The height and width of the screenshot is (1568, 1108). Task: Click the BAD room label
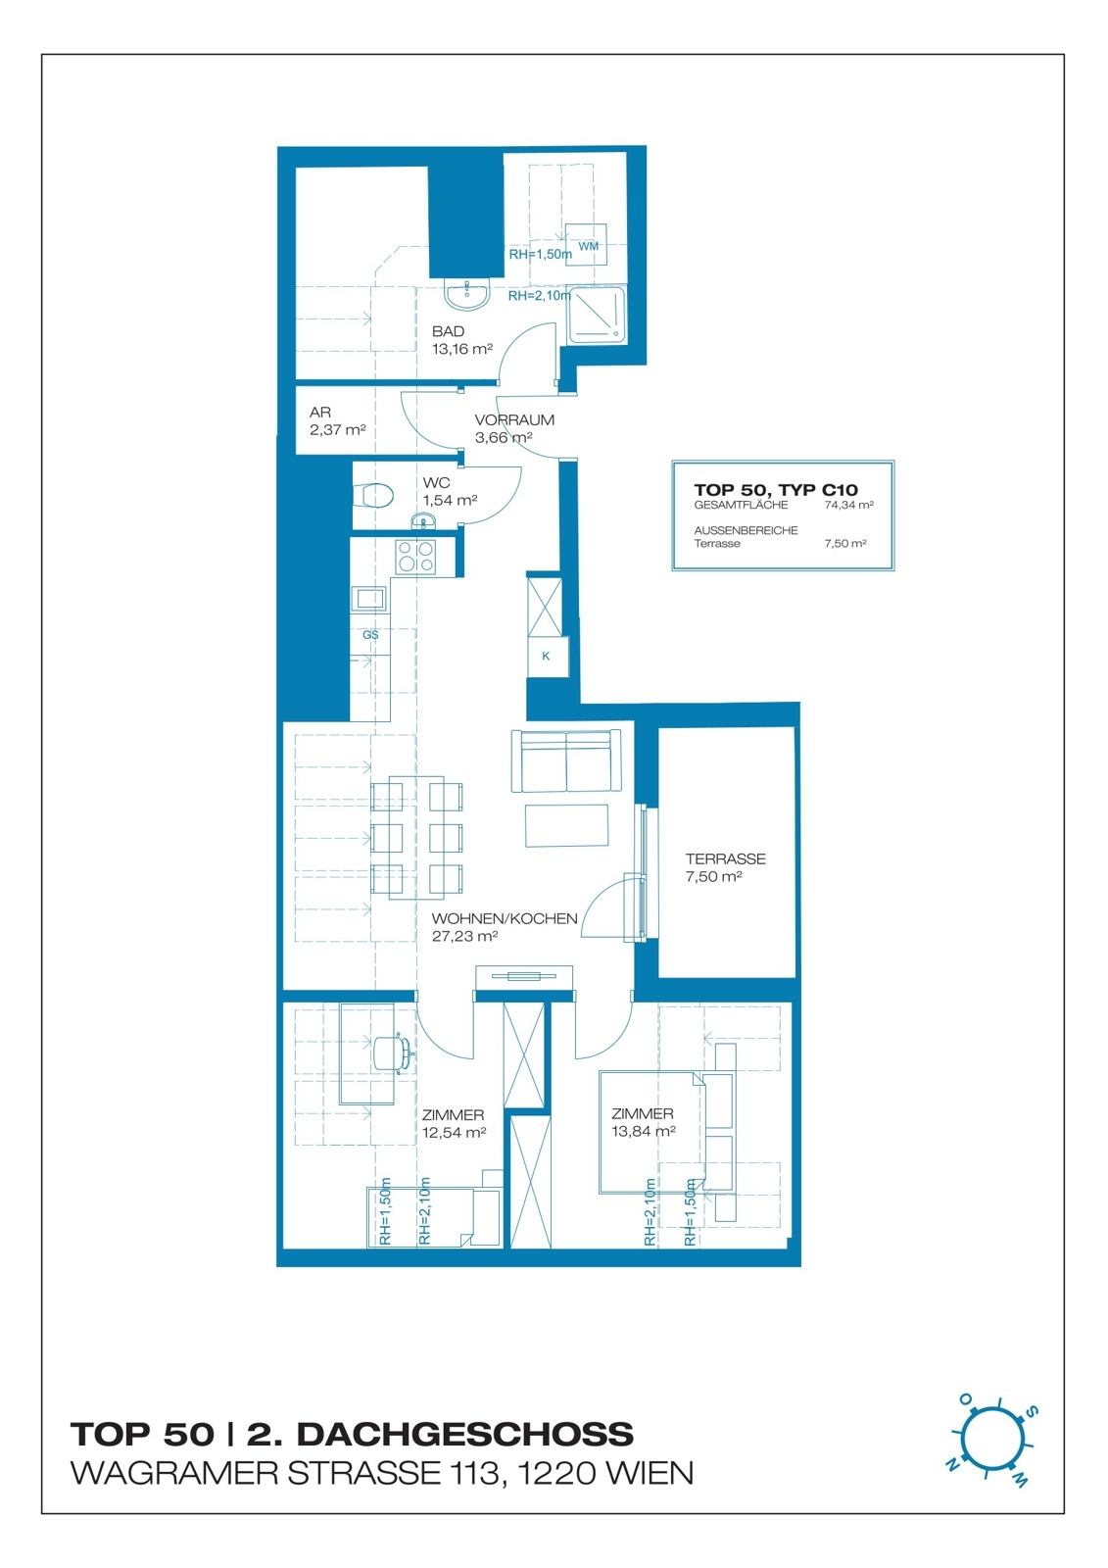pos(448,331)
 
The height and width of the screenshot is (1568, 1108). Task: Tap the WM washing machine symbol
pos(586,245)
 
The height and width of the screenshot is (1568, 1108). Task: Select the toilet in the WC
pos(374,496)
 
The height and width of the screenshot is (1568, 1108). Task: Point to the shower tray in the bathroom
pos(596,315)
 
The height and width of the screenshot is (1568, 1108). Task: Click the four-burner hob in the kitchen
pos(415,557)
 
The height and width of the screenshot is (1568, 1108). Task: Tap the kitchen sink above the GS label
pos(370,598)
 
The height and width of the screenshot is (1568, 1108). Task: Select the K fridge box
pos(547,656)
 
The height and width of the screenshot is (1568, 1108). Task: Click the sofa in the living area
pos(565,760)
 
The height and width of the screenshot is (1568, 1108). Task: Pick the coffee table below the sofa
pos(566,826)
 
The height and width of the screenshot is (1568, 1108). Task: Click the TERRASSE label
pos(725,858)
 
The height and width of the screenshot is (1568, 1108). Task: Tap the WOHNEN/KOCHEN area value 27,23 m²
pos(464,937)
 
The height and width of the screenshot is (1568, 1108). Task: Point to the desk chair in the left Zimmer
pos(393,1052)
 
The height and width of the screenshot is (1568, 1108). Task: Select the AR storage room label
pos(320,413)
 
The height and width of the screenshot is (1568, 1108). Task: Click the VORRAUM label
pos(514,420)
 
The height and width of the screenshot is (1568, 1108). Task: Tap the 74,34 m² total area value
pos(848,505)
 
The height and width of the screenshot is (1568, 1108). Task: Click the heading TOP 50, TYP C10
pos(776,490)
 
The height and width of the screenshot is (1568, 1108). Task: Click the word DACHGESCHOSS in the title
pos(464,1435)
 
